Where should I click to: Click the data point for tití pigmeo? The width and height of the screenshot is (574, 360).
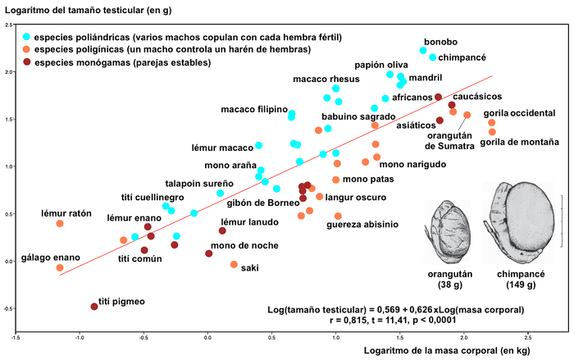pos(94,306)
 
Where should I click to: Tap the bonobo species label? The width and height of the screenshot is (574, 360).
pos(440,42)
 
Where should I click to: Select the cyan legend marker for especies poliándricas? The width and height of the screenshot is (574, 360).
pos(27,37)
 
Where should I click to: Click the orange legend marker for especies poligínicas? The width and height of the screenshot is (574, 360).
pos(27,50)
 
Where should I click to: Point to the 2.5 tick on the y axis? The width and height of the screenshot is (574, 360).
pos(7,26)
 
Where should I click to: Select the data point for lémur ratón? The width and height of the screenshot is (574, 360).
pos(60,223)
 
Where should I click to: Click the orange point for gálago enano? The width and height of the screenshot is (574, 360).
pos(60,268)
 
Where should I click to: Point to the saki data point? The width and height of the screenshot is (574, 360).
pos(235,264)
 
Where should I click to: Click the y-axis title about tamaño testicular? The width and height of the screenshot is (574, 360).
pos(93,9)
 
